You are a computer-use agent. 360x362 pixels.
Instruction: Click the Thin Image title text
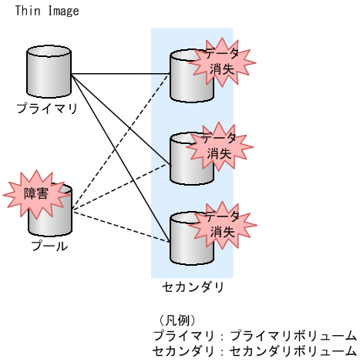tap(47, 11)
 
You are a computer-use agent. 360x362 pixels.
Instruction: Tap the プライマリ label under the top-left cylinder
tap(48, 109)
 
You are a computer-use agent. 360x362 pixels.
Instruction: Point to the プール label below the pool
tap(49, 246)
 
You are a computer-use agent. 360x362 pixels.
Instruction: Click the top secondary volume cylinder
tap(183, 77)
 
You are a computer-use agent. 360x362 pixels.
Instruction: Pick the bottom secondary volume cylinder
tap(183, 240)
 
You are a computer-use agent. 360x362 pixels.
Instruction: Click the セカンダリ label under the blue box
tap(193, 287)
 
